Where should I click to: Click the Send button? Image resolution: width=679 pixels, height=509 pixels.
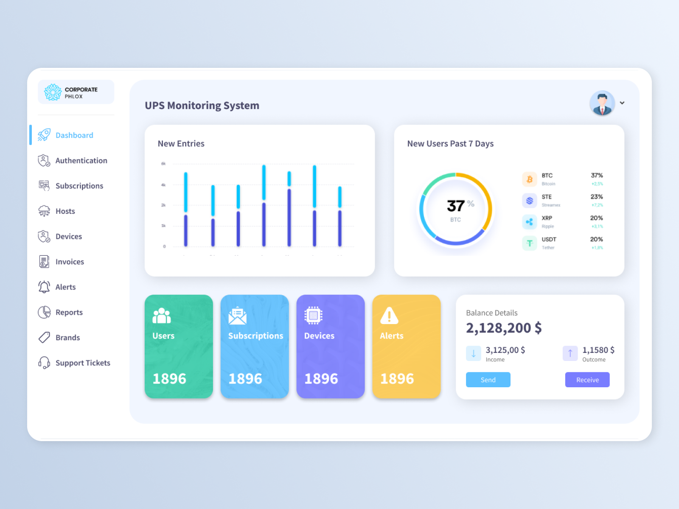(x=488, y=380)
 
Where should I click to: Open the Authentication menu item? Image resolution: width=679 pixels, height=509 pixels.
(x=81, y=161)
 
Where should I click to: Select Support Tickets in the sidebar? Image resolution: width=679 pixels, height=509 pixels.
(x=83, y=363)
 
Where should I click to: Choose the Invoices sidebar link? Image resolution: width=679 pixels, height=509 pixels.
(x=70, y=262)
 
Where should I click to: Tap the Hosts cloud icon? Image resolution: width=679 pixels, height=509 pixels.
(x=44, y=211)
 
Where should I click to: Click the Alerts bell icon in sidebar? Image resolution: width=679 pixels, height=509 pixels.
(x=44, y=287)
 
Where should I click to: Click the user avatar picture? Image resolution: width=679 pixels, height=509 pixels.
(x=602, y=103)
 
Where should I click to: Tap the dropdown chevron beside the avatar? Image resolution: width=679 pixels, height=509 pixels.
(x=622, y=103)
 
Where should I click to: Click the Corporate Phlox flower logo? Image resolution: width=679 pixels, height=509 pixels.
(x=53, y=92)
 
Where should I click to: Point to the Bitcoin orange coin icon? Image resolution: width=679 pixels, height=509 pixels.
(x=530, y=179)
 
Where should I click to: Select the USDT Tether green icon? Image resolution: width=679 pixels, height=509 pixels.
(x=530, y=243)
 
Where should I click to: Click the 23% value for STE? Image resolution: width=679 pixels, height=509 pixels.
(x=596, y=197)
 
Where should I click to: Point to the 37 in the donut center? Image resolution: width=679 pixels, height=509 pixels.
(x=455, y=206)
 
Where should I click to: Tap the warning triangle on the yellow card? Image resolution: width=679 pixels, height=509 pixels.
(x=389, y=316)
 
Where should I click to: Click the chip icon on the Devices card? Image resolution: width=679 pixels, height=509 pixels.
(x=313, y=316)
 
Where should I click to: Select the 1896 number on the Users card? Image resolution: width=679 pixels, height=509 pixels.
(x=169, y=379)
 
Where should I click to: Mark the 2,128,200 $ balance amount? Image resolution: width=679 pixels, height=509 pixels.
(x=504, y=328)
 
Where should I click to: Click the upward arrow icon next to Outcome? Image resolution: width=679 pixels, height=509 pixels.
(x=570, y=353)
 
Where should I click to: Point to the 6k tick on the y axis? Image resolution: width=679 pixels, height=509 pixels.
(x=163, y=164)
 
